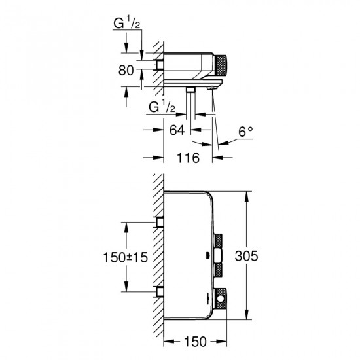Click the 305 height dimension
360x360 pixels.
[260, 257]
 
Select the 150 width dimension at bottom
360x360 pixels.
[194, 342]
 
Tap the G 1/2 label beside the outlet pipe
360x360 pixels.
[162, 106]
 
